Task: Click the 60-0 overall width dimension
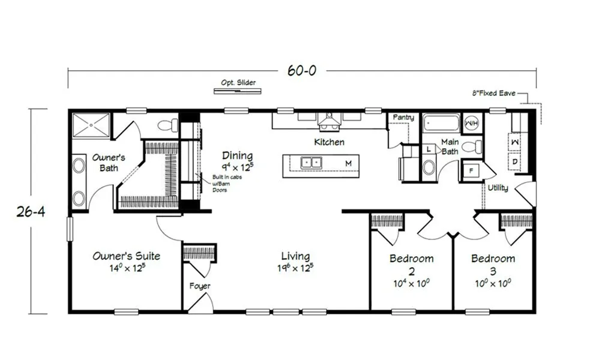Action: pyautogui.click(x=301, y=71)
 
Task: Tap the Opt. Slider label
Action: pyautogui.click(x=238, y=82)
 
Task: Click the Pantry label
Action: pyautogui.click(x=403, y=118)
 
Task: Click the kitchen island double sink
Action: pyautogui.click(x=312, y=162)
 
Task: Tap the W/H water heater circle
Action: pyautogui.click(x=472, y=124)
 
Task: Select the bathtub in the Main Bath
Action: pyautogui.click(x=441, y=125)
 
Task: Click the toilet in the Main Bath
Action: pyautogui.click(x=473, y=147)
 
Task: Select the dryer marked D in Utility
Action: pyautogui.click(x=515, y=161)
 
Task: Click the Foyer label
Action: pyautogui.click(x=200, y=286)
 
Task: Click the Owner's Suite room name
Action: pyautogui.click(x=126, y=256)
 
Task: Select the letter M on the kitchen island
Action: pyautogui.click(x=348, y=163)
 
